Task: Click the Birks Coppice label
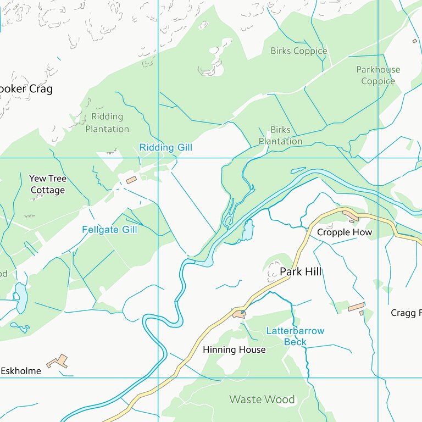pyautogui.click(x=298, y=51)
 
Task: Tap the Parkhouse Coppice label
pyautogui.click(x=378, y=75)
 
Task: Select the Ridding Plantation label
pyautogui.click(x=107, y=123)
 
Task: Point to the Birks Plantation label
pyautogui.click(x=280, y=136)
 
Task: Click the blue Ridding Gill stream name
pyautogui.click(x=165, y=148)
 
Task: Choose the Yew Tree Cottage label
pyautogui.click(x=48, y=184)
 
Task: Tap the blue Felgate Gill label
pyautogui.click(x=109, y=230)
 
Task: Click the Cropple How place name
pyautogui.click(x=345, y=232)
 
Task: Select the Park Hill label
pyautogui.click(x=301, y=271)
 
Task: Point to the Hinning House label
pyautogui.click(x=234, y=349)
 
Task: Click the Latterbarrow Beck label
pyautogui.click(x=295, y=336)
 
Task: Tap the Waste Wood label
pyautogui.click(x=262, y=399)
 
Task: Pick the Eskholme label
pyautogui.click(x=20, y=371)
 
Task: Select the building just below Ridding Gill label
pyautogui.click(x=131, y=180)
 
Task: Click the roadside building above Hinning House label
pyautogui.click(x=239, y=314)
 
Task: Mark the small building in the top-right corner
pyautogui.click(x=415, y=41)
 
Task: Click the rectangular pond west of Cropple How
pyautogui.click(x=248, y=229)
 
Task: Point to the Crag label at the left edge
pyautogui.click(x=26, y=89)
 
